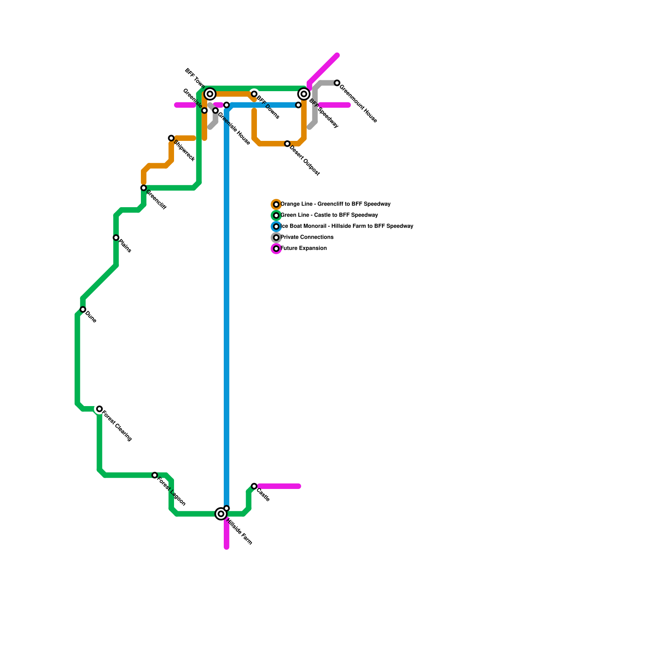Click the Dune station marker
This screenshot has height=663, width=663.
point(83,310)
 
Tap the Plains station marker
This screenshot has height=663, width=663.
point(116,237)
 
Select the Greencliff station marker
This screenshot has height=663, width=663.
point(143,188)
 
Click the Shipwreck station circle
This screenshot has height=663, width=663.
point(171,138)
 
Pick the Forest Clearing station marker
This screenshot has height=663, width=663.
point(99,409)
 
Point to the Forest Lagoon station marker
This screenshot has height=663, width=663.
point(155,475)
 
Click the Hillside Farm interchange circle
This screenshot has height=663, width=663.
point(221,514)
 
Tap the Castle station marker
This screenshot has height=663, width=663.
point(254,486)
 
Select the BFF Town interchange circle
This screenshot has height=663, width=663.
point(210,94)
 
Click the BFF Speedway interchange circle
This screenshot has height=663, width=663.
point(304,94)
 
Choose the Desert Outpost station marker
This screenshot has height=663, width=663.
point(287,144)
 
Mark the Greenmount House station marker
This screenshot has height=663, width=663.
point(337,83)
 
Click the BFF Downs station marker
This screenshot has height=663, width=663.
point(254,94)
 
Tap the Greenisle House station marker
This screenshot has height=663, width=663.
point(215,111)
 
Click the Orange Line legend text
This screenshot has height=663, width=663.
point(335,204)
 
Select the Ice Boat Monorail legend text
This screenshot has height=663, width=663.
point(347,226)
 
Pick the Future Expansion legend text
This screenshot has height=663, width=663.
point(304,249)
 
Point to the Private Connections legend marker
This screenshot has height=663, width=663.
point(276,237)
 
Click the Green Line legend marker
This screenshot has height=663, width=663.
point(276,215)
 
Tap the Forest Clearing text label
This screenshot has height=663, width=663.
point(117,426)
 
